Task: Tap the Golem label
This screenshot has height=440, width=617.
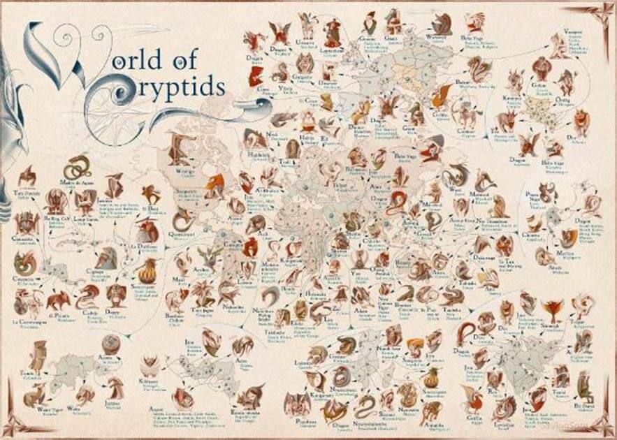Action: pos(538,85)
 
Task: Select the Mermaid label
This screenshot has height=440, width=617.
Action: pos(479,190)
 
